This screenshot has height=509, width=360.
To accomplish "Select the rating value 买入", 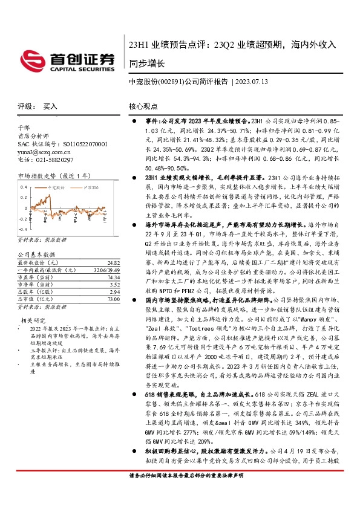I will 50,106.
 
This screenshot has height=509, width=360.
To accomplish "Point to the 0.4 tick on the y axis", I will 22,196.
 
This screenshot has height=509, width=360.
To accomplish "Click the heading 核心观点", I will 143,106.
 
